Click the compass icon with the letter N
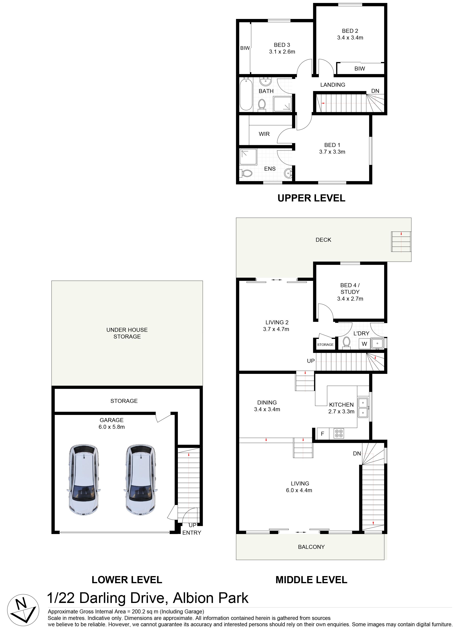pyautogui.click(x=23, y=610)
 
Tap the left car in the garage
pyautogui.click(x=84, y=480)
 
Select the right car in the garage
pyautogui.click(x=141, y=480)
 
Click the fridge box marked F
pyautogui.click(x=322, y=434)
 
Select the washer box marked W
pyautogui.click(x=364, y=344)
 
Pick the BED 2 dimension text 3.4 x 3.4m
pyautogui.click(x=350, y=38)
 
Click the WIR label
pyautogui.click(x=264, y=134)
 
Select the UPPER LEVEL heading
pyautogui.click(x=311, y=198)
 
